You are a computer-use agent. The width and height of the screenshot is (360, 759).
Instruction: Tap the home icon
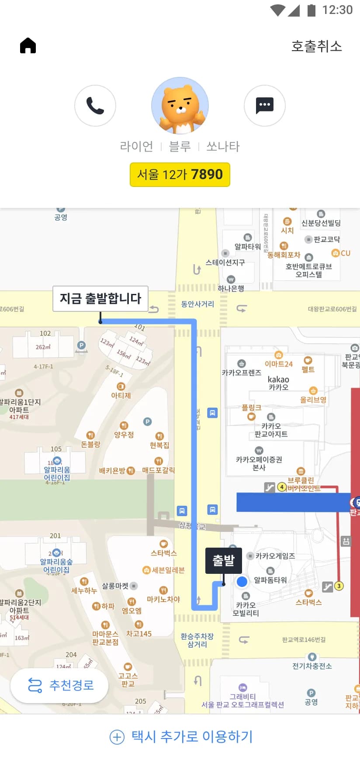point(28,45)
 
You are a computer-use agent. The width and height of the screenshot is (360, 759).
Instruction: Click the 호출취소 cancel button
point(316,46)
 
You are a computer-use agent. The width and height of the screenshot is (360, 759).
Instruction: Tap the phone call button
point(95,106)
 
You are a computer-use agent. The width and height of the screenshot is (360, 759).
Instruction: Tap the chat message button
point(264,106)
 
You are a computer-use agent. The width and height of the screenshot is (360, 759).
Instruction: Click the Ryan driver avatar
point(180,106)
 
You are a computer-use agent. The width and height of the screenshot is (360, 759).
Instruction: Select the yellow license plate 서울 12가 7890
point(180,175)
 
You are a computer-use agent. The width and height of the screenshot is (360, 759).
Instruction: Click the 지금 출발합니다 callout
point(100,299)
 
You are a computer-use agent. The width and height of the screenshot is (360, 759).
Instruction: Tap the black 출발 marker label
point(224,560)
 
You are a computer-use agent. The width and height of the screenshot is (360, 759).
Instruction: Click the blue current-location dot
point(242,582)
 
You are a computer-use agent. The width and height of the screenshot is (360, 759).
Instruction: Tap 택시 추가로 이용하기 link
point(181,737)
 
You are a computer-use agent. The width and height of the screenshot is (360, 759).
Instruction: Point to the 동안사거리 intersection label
point(197,304)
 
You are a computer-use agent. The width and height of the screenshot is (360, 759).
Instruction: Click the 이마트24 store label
point(278,364)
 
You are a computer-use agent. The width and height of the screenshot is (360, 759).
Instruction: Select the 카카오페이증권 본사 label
point(259,463)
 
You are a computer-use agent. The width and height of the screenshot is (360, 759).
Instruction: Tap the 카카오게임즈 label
point(275,556)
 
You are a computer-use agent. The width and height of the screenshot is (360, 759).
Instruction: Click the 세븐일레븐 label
point(168,570)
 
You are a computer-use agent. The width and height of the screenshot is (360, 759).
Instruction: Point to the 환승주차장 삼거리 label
point(197,640)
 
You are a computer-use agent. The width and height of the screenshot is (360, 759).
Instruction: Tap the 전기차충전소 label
point(312,666)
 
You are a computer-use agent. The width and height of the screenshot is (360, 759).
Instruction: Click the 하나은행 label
point(231,288)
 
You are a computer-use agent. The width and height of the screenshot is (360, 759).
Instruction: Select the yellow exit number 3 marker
point(339,586)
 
